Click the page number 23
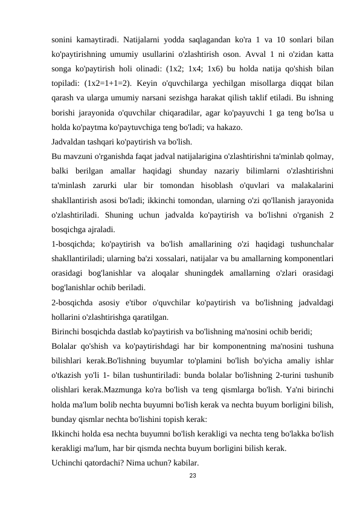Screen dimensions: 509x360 pyautogui.click(x=193, y=476)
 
